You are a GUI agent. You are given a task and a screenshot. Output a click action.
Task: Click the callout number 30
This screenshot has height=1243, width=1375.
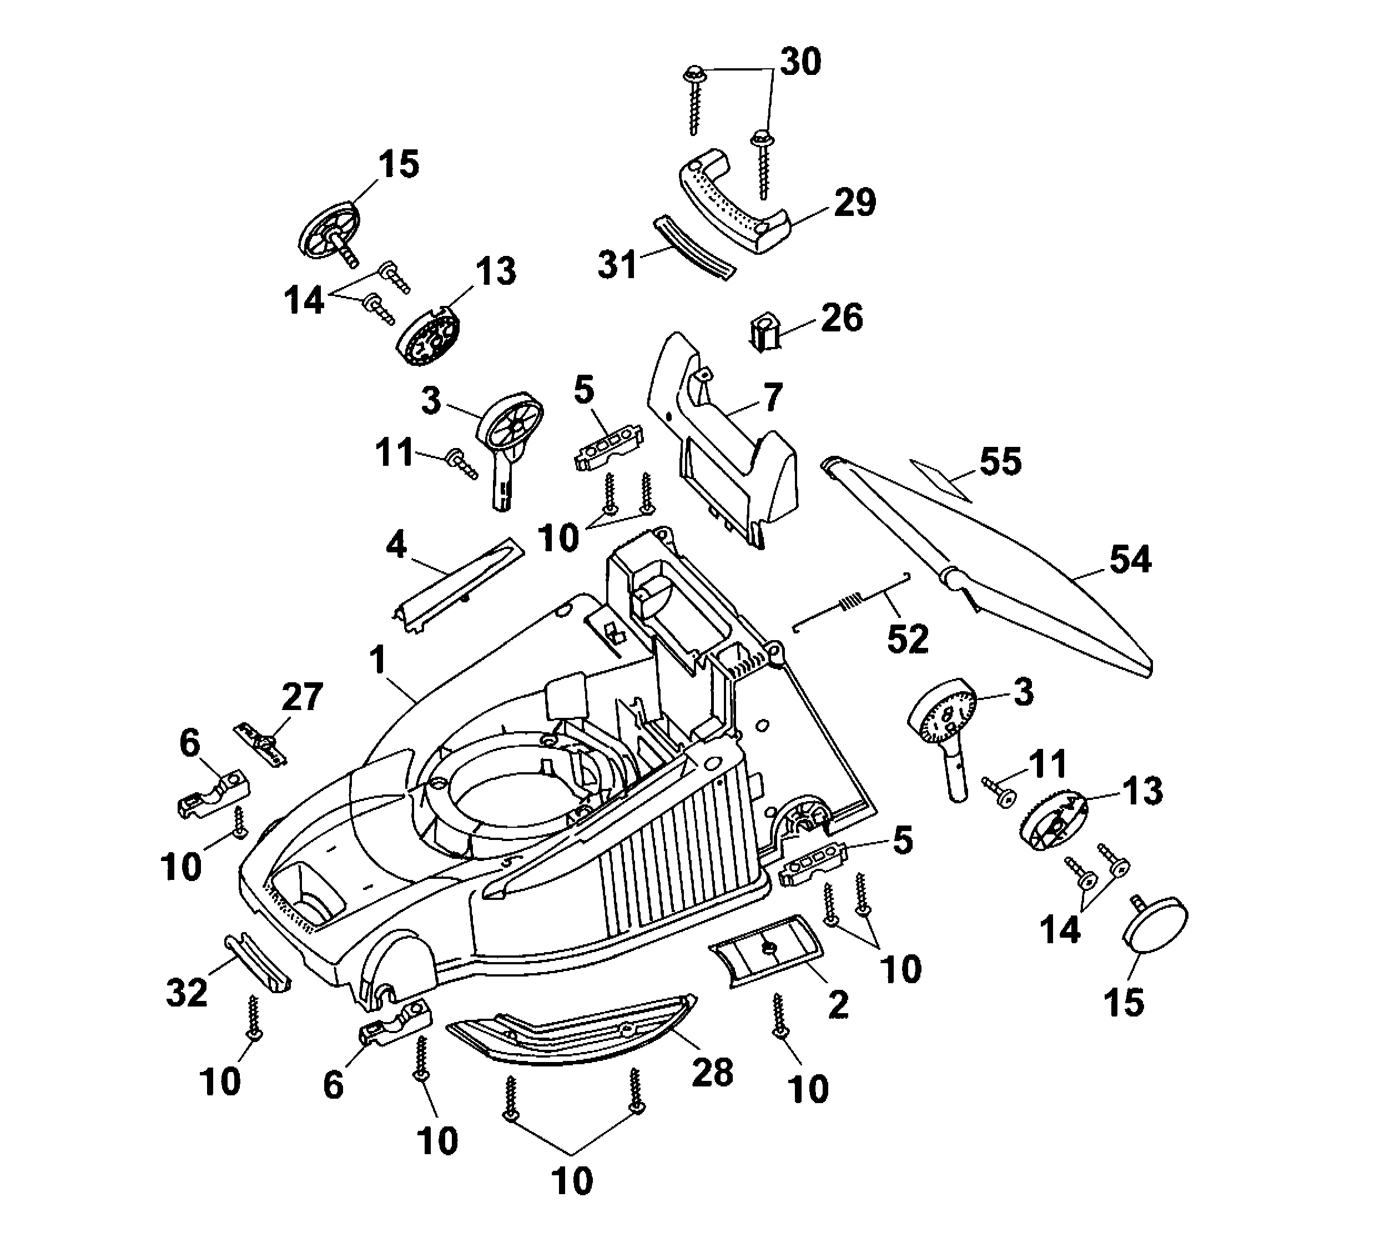[x=800, y=62]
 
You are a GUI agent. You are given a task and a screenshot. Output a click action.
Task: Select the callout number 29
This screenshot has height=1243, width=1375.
[x=855, y=203]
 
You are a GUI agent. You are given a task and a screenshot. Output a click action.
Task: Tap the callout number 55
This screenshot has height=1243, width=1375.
[x=1000, y=462]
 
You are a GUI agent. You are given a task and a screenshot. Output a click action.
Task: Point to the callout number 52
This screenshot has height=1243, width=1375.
[x=908, y=639]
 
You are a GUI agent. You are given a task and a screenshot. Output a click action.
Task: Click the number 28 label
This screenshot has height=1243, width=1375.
[x=713, y=1073]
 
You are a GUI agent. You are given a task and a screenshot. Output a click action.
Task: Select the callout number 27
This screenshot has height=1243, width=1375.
[x=302, y=697]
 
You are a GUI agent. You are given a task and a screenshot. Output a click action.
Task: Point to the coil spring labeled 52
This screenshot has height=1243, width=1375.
[x=849, y=603]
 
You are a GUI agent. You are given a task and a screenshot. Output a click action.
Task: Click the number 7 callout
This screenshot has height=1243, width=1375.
[x=772, y=397]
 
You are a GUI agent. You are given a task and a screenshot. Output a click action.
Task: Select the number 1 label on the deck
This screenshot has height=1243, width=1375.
[x=377, y=661]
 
